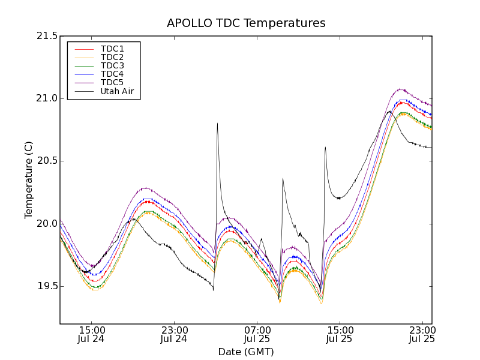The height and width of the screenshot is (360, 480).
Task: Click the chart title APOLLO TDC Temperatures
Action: pyautogui.click(x=246, y=23)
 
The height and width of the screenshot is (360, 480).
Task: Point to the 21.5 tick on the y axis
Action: pyautogui.click(x=47, y=36)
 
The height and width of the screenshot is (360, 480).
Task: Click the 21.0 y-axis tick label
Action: pyautogui.click(x=47, y=98)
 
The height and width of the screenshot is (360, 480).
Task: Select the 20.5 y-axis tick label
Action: pyautogui.click(x=47, y=161)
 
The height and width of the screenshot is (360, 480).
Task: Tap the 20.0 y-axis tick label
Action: pyautogui.click(x=47, y=224)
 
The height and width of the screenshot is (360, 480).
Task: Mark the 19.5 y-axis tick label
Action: pyautogui.click(x=47, y=286)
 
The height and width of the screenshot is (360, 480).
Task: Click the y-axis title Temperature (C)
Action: pyautogui.click(x=29, y=180)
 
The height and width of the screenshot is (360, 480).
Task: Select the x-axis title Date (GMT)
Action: pyautogui.click(x=246, y=352)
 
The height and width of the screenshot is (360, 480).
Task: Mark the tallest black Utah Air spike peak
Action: pyautogui.click(x=217, y=124)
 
